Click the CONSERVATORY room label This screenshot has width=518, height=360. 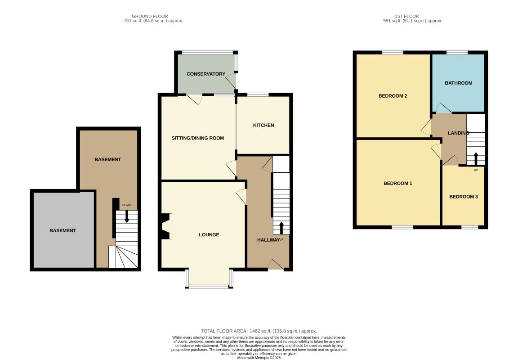click(x=206, y=74)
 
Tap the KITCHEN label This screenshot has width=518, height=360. click(x=263, y=125)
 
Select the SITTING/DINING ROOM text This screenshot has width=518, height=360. click(x=197, y=138)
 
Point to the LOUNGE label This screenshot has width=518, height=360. click(x=209, y=235)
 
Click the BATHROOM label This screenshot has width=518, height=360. click(x=459, y=83)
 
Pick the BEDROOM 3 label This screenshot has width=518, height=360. click(x=464, y=197)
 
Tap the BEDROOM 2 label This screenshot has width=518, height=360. click(x=393, y=96)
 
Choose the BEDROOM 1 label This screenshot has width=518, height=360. click(x=398, y=183)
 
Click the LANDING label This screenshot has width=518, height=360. click(x=459, y=133)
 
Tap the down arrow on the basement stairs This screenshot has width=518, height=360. click(x=127, y=216)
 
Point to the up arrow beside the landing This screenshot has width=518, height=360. click(x=476, y=159)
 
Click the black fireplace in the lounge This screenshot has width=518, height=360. click(x=165, y=226)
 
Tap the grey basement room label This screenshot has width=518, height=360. click(x=63, y=230)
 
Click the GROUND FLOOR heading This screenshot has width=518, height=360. click(x=150, y=16)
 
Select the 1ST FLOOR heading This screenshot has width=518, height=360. click(x=406, y=16)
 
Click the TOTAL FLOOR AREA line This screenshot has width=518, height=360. click(x=259, y=331)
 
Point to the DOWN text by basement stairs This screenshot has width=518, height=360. click(x=127, y=205)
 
